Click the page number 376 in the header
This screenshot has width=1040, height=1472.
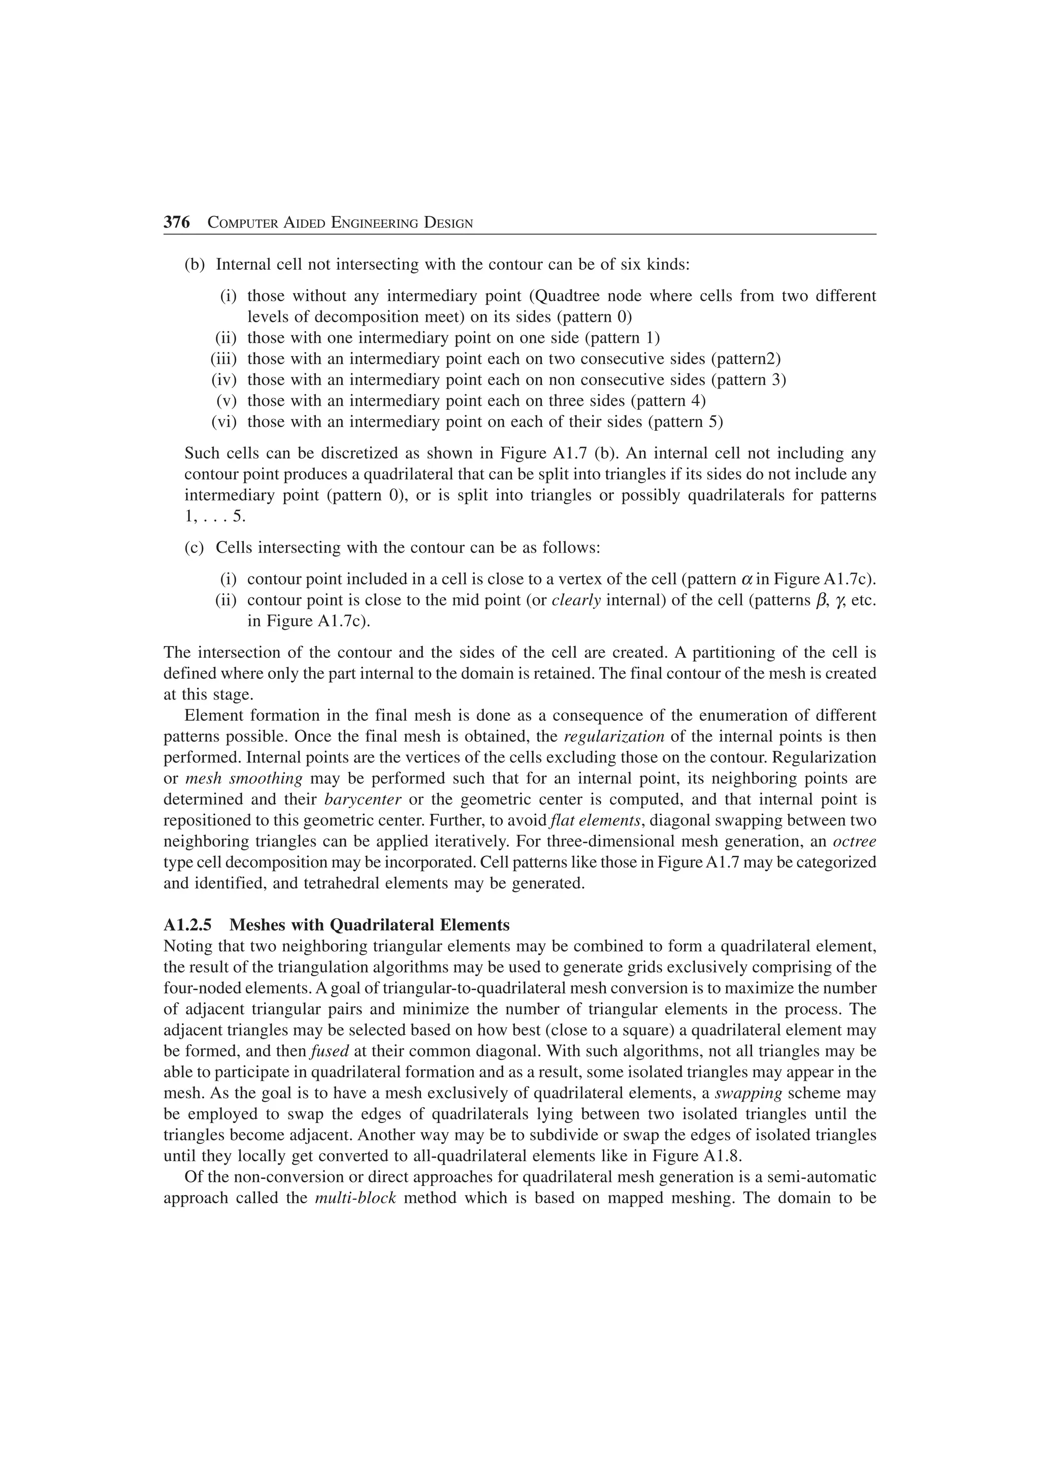177,222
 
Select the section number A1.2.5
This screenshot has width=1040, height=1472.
190,925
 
